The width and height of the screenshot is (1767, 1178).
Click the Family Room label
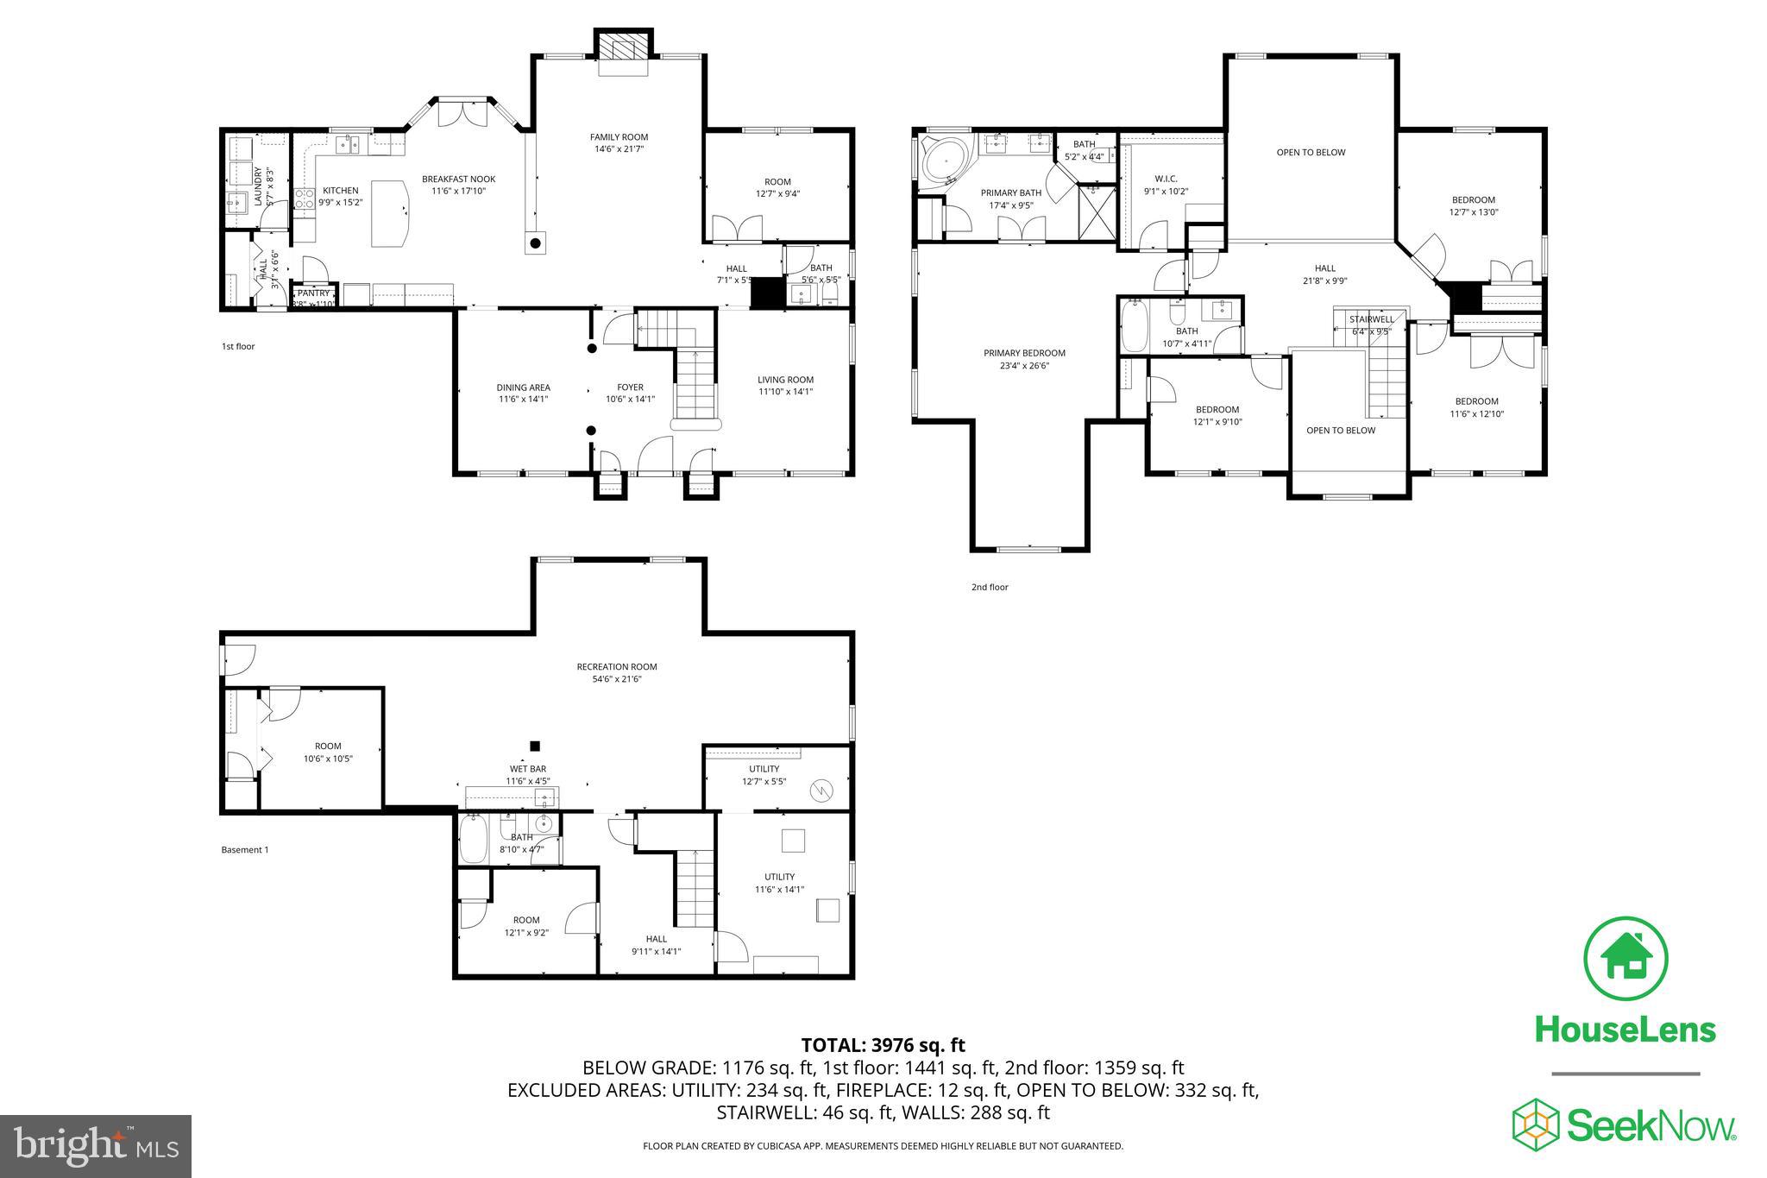619,137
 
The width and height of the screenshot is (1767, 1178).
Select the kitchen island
391,213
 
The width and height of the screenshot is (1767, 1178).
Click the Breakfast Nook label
458,180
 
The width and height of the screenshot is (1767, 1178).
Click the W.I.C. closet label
1166,180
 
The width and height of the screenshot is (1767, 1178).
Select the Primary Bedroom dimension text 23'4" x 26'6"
1024,365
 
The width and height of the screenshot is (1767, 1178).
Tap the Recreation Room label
616,666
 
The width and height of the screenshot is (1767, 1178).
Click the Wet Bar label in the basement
527,769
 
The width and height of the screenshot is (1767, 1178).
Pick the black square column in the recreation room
535,746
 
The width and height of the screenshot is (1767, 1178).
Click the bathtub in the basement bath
473,840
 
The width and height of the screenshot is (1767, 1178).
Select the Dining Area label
523,387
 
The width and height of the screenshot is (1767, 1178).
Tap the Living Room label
785,380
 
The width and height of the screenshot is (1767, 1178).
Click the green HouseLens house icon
1626,959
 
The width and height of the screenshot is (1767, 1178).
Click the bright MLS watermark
96,1146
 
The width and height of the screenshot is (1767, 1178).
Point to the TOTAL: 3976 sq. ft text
883,1045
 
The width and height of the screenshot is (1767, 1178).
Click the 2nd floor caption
989,587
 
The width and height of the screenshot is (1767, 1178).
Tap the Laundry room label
258,186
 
